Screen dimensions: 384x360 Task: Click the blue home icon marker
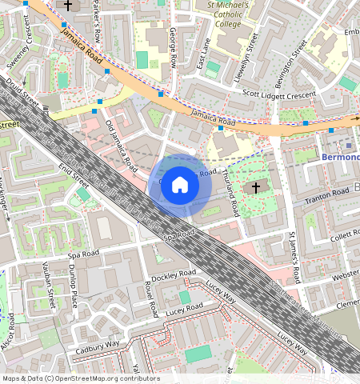point(180,185)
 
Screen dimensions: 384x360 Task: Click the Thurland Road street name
point(230,193)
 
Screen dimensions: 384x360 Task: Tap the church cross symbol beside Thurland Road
point(255,188)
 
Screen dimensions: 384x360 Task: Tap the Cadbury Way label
point(97,346)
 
